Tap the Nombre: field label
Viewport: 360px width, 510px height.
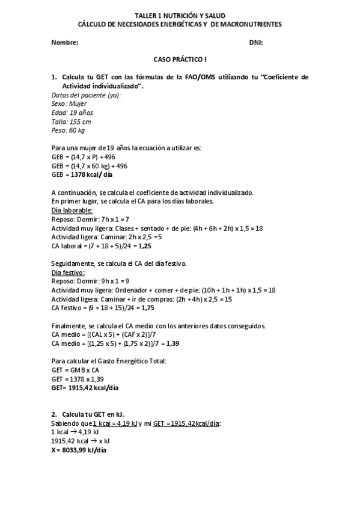click(65, 43)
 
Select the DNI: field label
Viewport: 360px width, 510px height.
click(256, 43)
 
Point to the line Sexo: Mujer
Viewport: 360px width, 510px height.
click(69, 104)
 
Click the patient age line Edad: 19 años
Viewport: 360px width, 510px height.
click(73, 112)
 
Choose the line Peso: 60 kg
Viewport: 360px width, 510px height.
click(69, 131)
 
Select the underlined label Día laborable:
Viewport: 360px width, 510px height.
click(72, 210)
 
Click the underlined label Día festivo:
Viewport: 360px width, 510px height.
click(69, 272)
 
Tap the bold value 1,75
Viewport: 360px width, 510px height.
click(147, 308)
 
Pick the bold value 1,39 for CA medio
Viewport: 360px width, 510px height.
click(171, 343)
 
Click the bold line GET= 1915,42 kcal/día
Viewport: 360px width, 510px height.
click(85, 388)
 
